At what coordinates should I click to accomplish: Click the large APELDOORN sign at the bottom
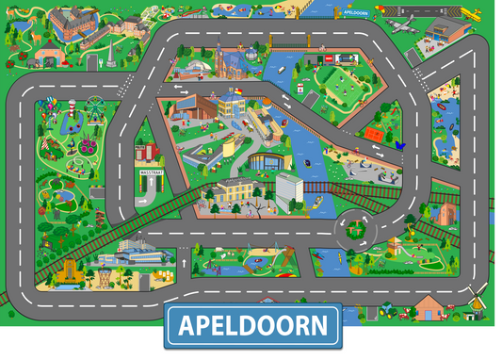point(253,326)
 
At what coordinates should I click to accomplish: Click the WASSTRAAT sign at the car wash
point(150,174)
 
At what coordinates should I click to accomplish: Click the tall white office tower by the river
point(289,191)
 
